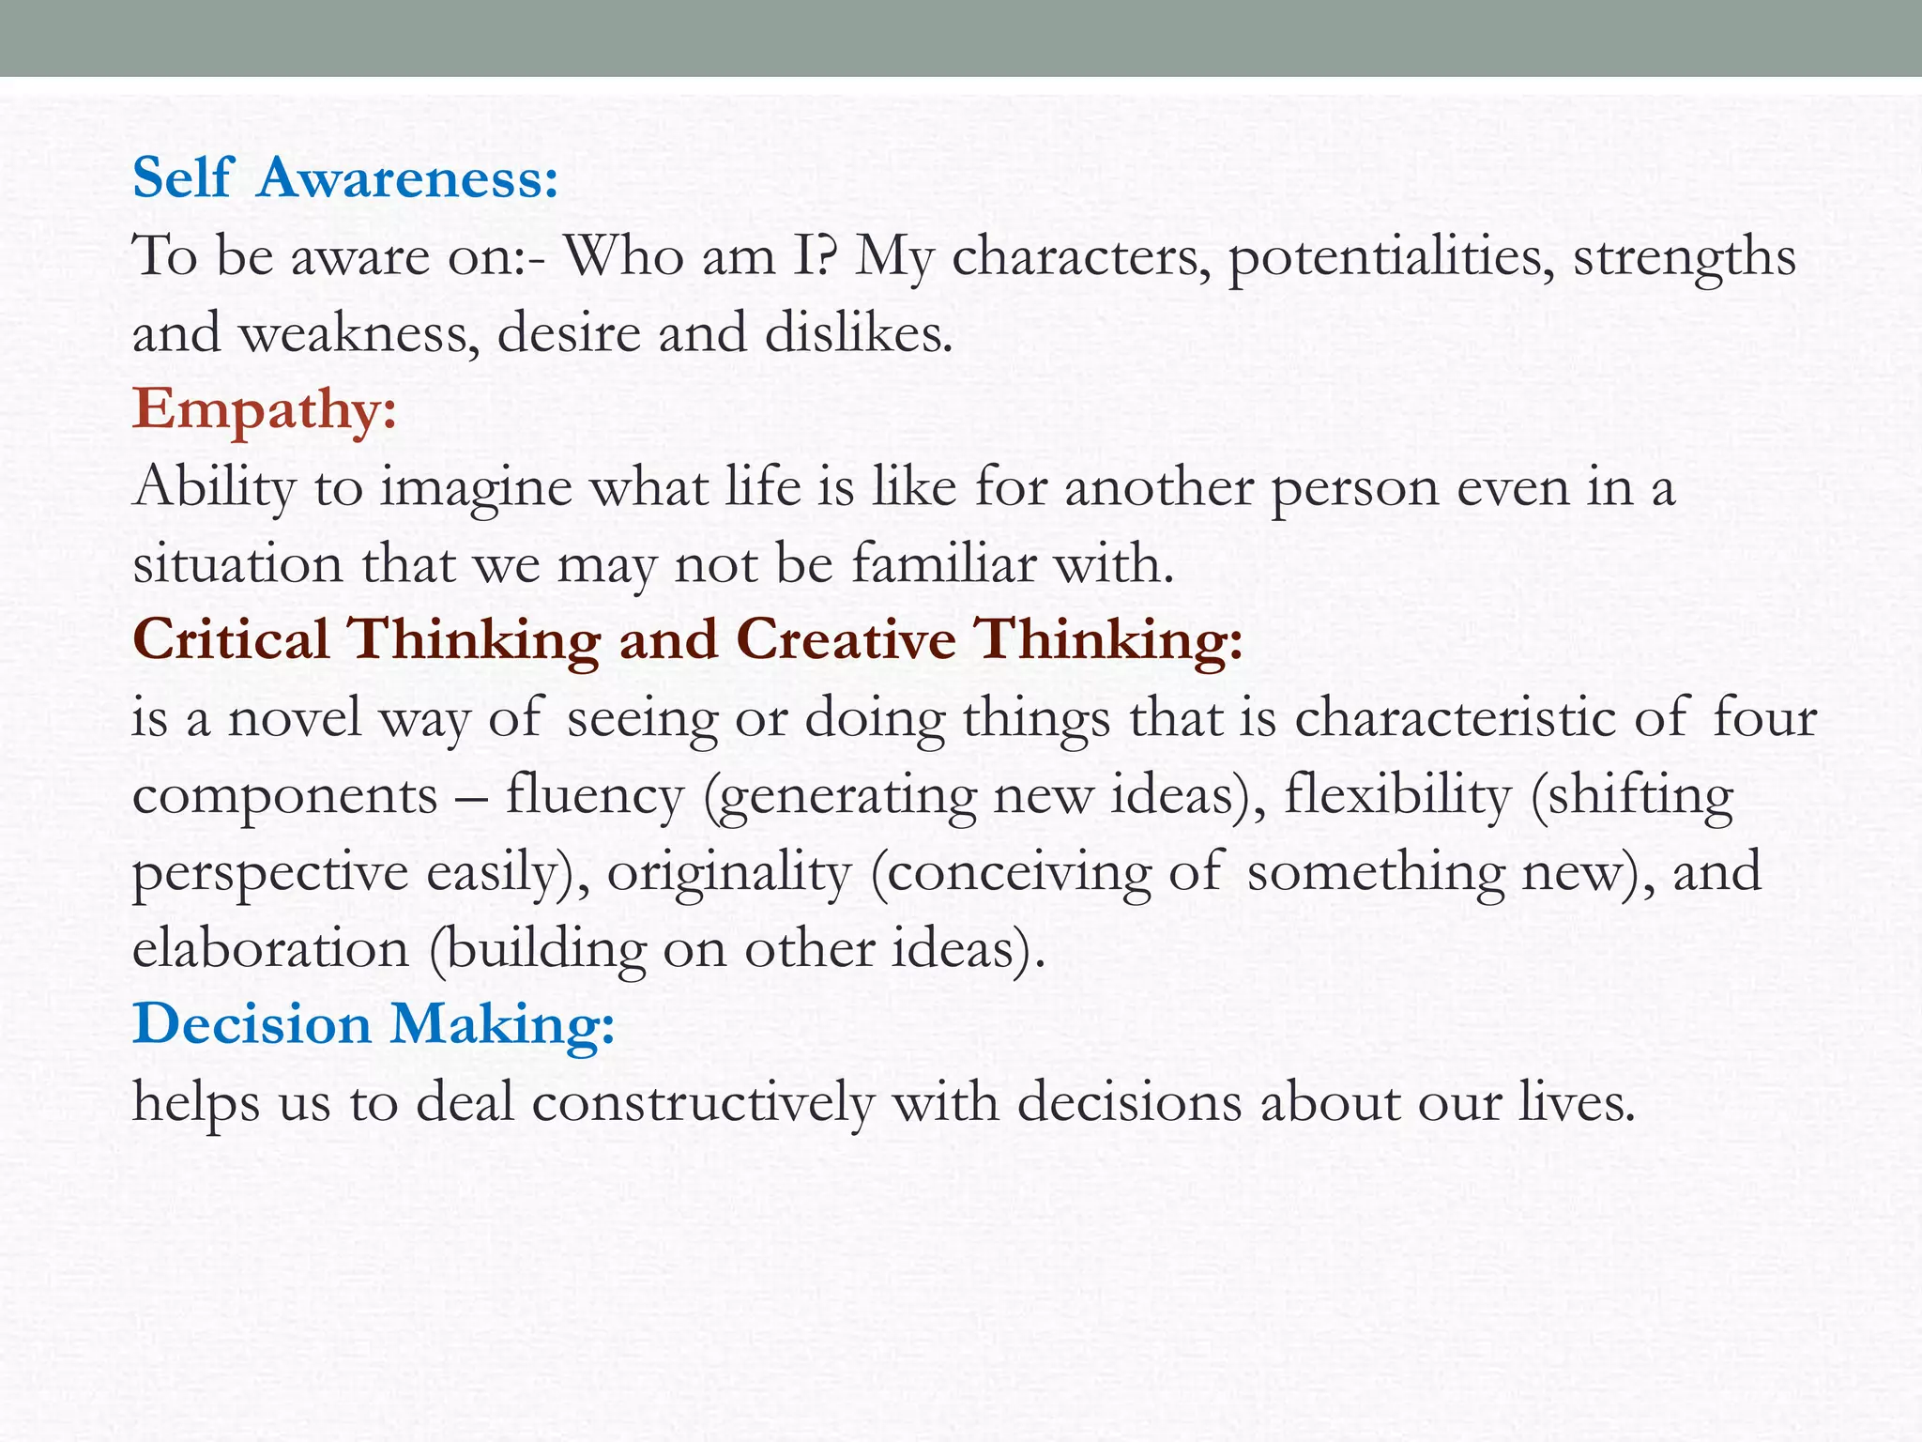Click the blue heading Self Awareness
click(345, 177)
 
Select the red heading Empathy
click(265, 410)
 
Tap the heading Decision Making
click(374, 1024)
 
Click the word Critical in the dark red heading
click(231, 640)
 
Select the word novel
click(294, 718)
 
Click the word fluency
click(594, 796)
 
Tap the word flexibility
click(1397, 796)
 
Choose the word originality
click(728, 873)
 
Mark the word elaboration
click(270, 949)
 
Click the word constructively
click(703, 1102)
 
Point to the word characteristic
click(1456, 718)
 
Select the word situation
click(237, 565)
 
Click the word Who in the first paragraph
click(624, 255)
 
